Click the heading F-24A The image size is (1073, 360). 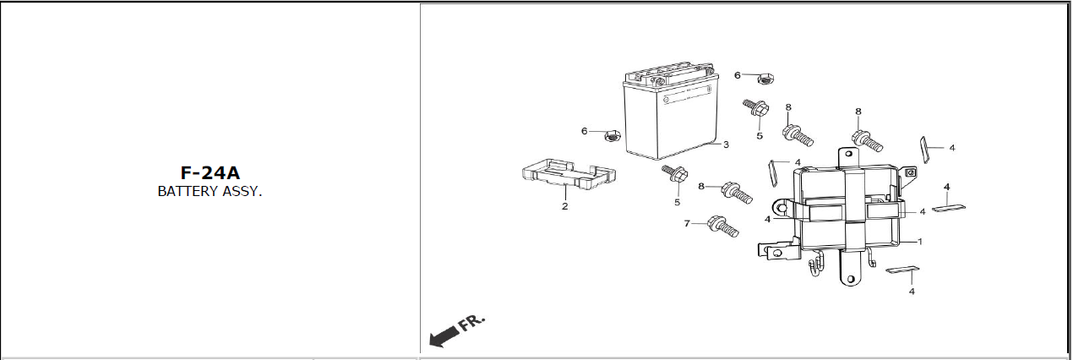point(210,173)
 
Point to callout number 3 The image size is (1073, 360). point(726,145)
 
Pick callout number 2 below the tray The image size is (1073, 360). point(564,206)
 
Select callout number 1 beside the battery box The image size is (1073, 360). point(919,242)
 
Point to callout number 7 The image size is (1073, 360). point(687,224)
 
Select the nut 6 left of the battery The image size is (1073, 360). point(612,134)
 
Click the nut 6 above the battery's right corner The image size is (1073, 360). point(764,78)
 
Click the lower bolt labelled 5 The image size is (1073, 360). point(675,176)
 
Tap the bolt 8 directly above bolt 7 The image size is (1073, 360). point(737,194)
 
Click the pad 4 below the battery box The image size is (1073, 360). point(902,272)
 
